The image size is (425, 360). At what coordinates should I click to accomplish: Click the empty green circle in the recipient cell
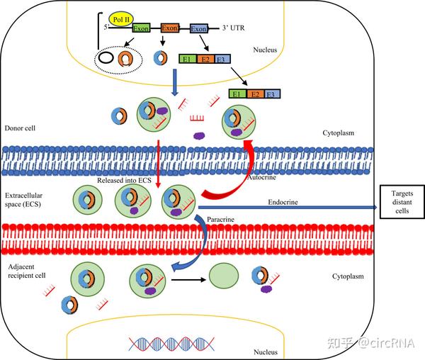click(x=222, y=278)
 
